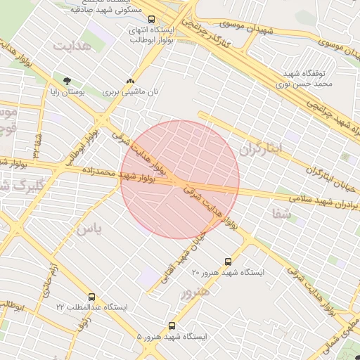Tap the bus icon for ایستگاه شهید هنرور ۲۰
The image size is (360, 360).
[x=227, y=262]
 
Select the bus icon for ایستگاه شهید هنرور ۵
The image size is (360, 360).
[x=172, y=326]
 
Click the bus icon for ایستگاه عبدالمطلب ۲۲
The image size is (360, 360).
[x=92, y=297]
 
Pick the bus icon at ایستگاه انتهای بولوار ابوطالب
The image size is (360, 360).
[x=153, y=20]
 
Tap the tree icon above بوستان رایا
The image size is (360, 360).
[x=67, y=82]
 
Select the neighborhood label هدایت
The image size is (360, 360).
[x=73, y=45]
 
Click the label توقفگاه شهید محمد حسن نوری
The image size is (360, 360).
[x=308, y=79]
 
